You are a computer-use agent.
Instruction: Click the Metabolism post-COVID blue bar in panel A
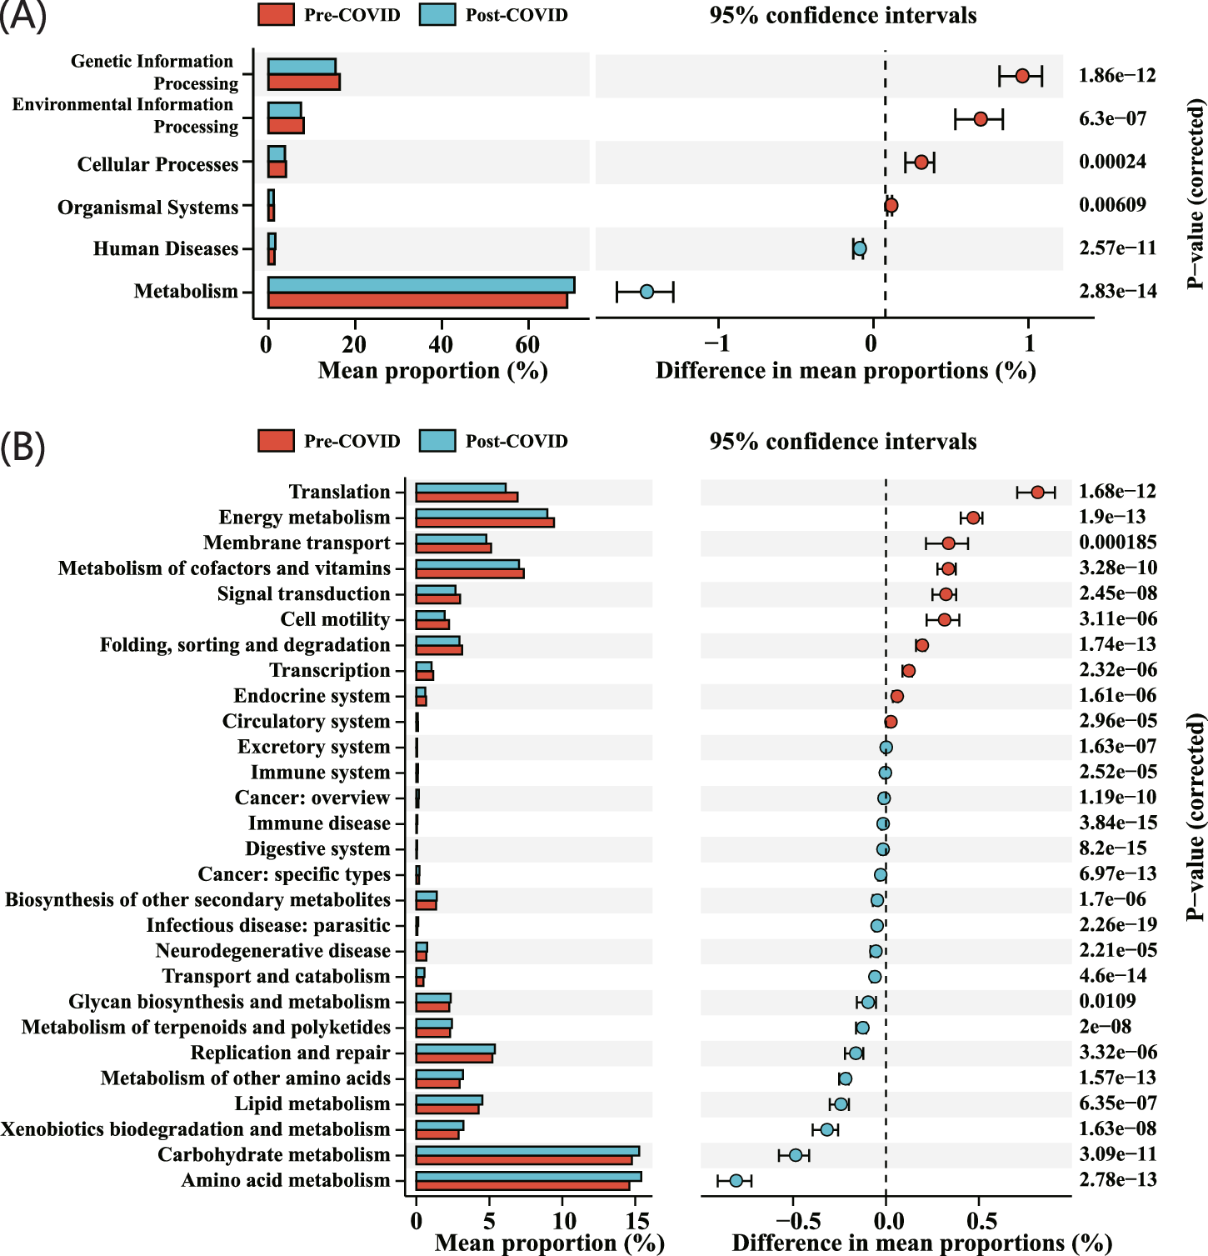(x=421, y=285)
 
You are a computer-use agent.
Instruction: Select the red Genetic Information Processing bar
(x=303, y=82)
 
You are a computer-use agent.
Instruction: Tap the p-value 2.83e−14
(x=1117, y=291)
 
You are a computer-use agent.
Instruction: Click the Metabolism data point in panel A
(x=646, y=292)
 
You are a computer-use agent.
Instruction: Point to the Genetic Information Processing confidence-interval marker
(x=1022, y=76)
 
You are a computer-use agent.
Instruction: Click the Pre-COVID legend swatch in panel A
(x=276, y=15)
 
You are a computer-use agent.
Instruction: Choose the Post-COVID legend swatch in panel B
(x=437, y=441)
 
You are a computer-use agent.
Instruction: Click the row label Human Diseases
(x=166, y=248)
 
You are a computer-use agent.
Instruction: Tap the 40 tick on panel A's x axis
(x=441, y=344)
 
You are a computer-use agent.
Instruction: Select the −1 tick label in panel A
(x=716, y=343)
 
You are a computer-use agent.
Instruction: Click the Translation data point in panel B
(x=1037, y=493)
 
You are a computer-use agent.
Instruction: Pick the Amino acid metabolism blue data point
(x=736, y=1180)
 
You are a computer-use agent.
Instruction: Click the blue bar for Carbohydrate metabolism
(x=527, y=1151)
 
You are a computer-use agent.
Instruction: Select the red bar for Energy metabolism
(x=484, y=523)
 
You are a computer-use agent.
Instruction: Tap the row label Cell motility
(x=335, y=619)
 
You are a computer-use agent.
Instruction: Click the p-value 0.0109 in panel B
(x=1106, y=1001)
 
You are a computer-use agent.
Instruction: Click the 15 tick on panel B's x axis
(x=637, y=1222)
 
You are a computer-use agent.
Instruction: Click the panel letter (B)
(x=22, y=447)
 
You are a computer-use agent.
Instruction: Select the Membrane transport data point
(x=948, y=543)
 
